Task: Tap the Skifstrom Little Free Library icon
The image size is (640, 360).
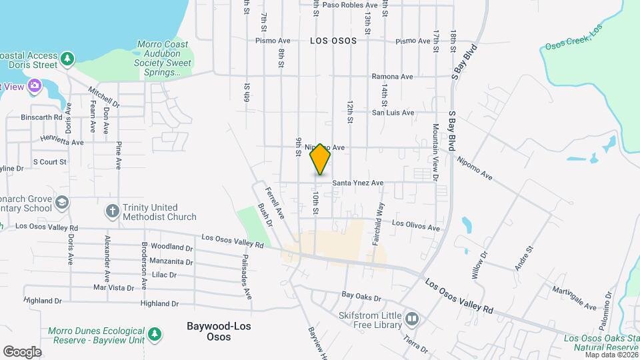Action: [412, 319]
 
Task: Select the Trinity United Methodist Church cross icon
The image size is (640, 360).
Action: [112, 211]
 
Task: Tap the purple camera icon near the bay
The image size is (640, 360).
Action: [35, 86]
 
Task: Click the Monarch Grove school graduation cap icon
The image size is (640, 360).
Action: [61, 202]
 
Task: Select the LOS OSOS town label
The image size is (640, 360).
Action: [333, 41]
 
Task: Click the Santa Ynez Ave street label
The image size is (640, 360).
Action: [358, 183]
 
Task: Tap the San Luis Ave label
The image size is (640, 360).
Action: [392, 113]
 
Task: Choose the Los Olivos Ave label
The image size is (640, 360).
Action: [416, 224]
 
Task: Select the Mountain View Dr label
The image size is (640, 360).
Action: [435, 152]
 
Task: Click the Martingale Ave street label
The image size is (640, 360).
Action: [574, 299]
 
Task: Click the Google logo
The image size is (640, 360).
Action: [22, 351]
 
